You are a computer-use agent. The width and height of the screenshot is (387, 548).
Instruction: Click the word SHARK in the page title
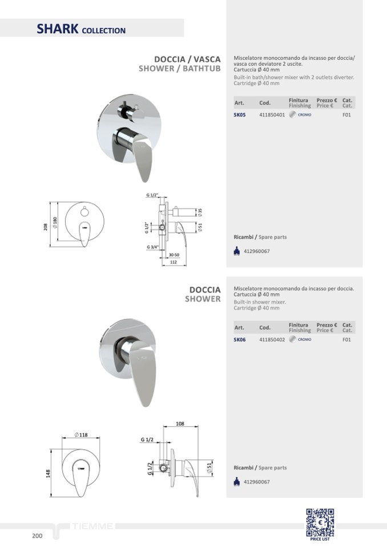coord(58,29)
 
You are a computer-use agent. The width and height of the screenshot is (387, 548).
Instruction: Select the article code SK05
coord(240,115)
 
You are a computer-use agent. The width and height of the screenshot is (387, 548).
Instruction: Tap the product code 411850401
coord(272,115)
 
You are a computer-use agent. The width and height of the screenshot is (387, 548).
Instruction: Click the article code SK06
coord(240,339)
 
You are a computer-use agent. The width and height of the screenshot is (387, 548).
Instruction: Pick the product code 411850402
coord(272,339)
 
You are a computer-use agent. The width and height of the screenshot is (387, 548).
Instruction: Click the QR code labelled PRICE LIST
coord(320,522)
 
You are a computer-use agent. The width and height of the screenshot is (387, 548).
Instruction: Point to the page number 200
coord(37,536)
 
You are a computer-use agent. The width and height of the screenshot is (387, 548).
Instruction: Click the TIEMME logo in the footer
coord(93,526)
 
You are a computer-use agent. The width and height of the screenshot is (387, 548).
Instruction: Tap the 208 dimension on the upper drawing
coord(45,227)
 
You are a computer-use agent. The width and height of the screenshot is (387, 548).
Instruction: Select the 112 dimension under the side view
coord(174,262)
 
